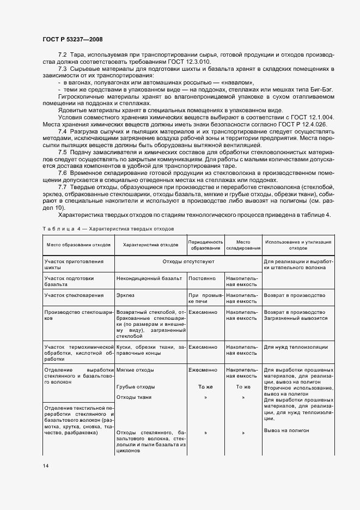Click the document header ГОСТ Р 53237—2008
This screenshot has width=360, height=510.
pyautogui.click(x=72, y=39)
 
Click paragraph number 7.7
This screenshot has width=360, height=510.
pyautogui.click(x=63, y=187)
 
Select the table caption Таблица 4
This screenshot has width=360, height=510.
pyautogui.click(x=61, y=229)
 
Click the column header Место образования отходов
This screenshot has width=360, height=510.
pyautogui.click(x=78, y=245)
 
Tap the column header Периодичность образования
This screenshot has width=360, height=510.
pyautogui.click(x=205, y=245)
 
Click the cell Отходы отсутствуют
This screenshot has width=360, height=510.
pyautogui.click(x=188, y=262)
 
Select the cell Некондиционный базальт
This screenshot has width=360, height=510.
pyautogui.click(x=149, y=278)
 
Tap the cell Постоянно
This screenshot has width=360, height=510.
pyautogui.click(x=202, y=278)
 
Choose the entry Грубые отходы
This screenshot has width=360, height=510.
pyautogui.click(x=136, y=386)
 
